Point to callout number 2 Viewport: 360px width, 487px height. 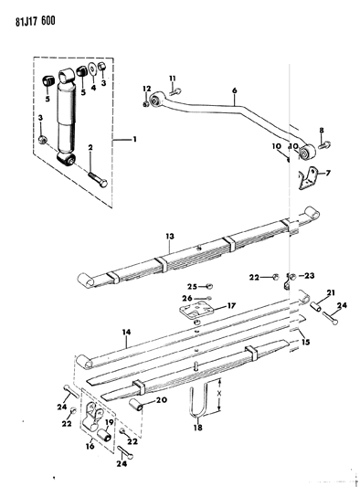[90, 147]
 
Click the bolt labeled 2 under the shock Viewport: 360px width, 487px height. [97, 178]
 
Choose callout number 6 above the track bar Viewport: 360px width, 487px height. [234, 91]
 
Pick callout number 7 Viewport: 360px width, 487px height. [328, 172]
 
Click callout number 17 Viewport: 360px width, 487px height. [231, 306]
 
